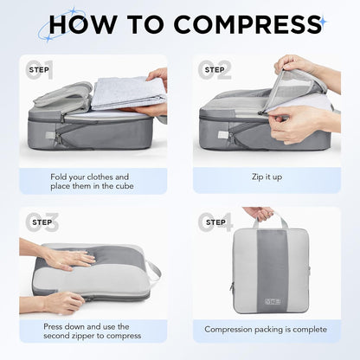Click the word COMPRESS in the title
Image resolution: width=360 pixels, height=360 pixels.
coord(251,23)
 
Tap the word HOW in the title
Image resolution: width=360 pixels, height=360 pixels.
coord(80,23)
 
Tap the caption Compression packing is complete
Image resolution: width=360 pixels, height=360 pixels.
coord(266,329)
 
